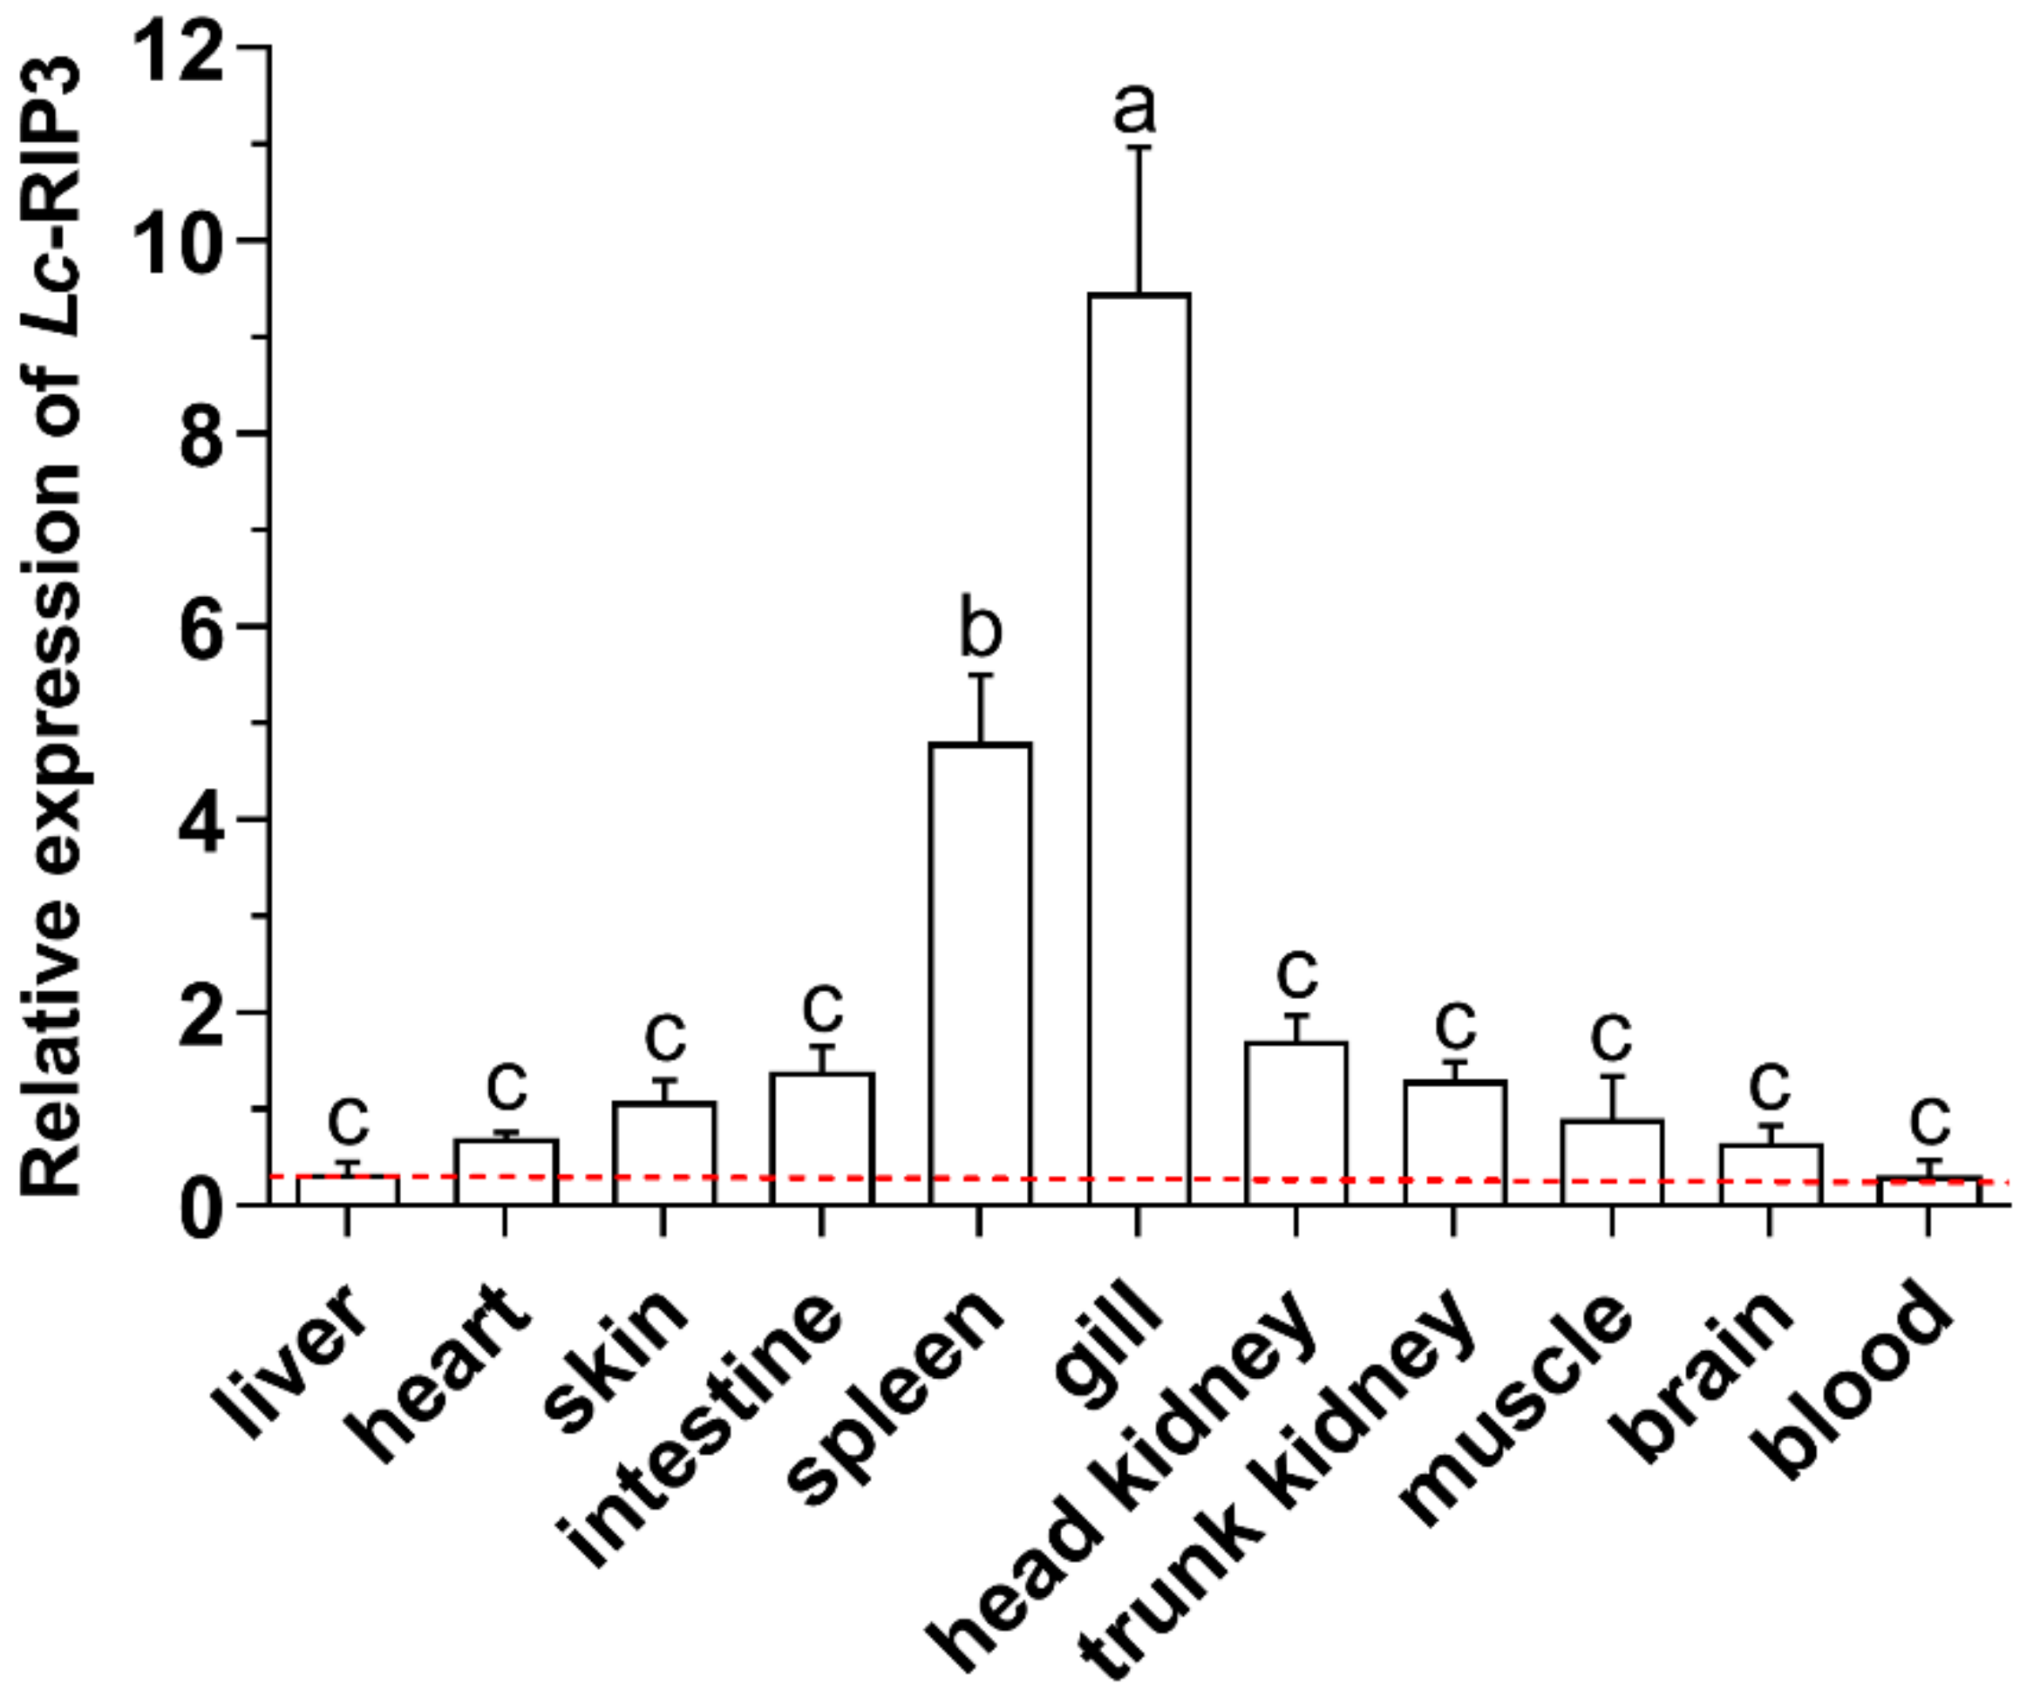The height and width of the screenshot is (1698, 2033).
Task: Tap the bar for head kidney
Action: pyautogui.click(x=1296, y=1123)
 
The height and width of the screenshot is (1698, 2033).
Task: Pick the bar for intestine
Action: pyautogui.click(x=822, y=1138)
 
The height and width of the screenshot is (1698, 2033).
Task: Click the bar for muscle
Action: pyautogui.click(x=1612, y=1162)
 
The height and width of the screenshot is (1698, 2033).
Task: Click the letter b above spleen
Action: pyautogui.click(x=980, y=631)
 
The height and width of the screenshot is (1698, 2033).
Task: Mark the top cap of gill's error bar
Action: pyautogui.click(x=1139, y=147)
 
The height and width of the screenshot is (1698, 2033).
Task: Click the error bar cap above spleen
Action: pyautogui.click(x=980, y=675)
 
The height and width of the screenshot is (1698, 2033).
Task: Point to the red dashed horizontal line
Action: pyautogui.click(x=1065, y=1179)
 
